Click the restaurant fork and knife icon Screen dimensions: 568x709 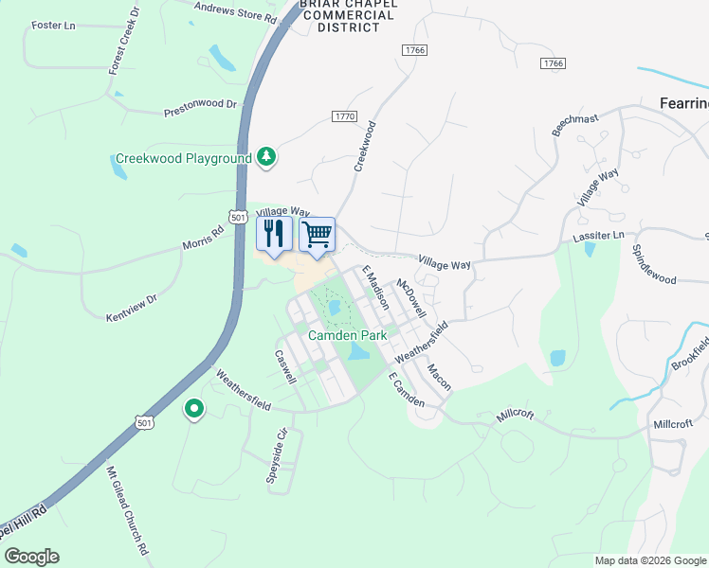click(x=275, y=234)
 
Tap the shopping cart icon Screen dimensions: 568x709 click(x=318, y=233)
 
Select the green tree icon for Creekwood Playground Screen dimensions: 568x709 click(x=267, y=158)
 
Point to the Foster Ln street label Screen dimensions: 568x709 click(x=53, y=25)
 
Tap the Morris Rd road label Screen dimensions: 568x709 click(x=204, y=239)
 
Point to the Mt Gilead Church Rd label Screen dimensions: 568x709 click(x=128, y=511)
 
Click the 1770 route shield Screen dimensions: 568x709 click(x=344, y=115)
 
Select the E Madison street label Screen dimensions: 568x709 click(x=375, y=288)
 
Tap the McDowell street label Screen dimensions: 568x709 click(x=411, y=298)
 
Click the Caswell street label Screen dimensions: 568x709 click(x=285, y=367)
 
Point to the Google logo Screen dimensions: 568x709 click(x=31, y=557)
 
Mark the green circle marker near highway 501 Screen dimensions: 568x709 click(x=194, y=409)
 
